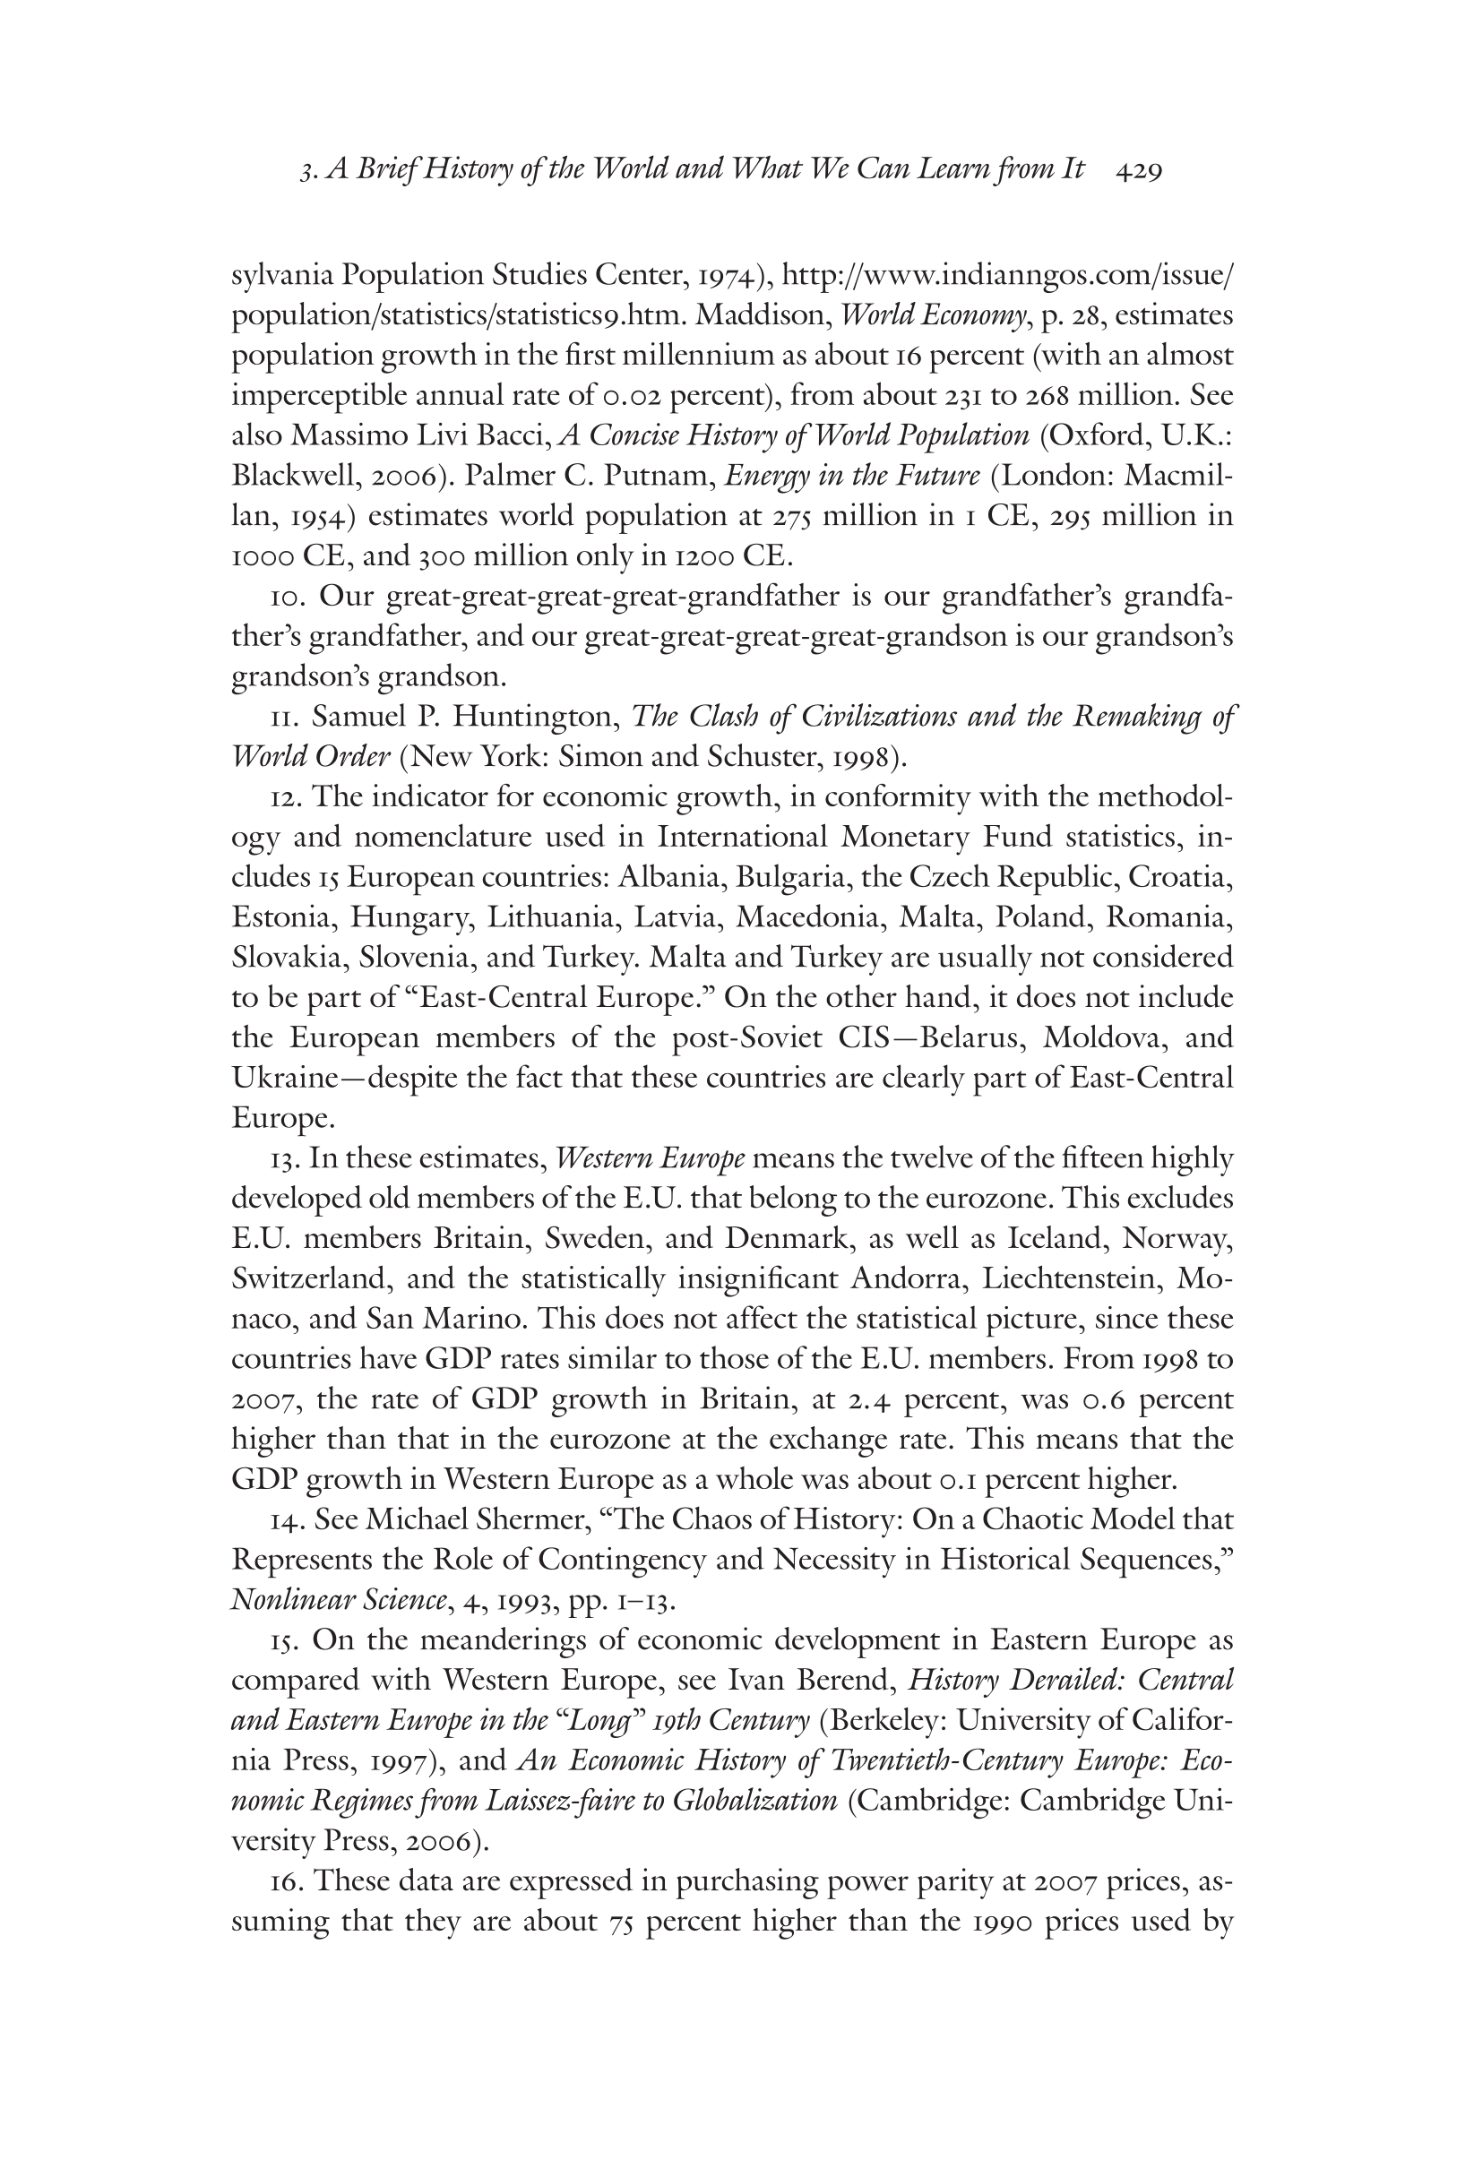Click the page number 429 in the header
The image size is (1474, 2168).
click(1138, 171)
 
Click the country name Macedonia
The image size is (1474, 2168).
click(808, 918)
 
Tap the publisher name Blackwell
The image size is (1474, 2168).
click(289, 477)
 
